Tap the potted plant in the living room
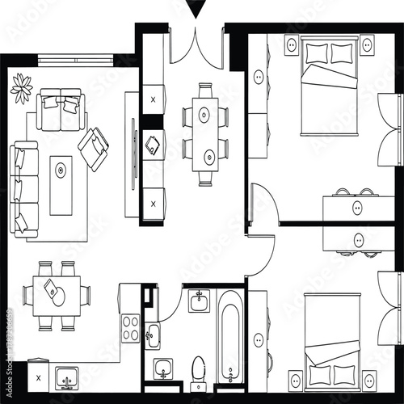coord(22,83)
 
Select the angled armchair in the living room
coord(94,145)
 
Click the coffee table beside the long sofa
coord(61,185)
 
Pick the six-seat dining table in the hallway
coord(204,135)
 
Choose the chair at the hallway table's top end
coord(204,92)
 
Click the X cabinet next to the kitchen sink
coord(37,377)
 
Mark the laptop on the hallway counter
coord(153,145)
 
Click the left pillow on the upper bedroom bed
coord(317,53)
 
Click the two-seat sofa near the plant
coord(61,112)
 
